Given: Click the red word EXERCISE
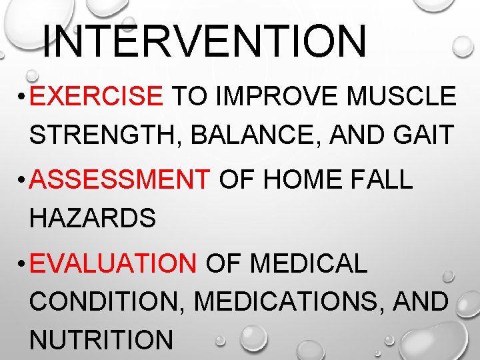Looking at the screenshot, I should (x=97, y=97).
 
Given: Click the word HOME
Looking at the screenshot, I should (x=293, y=180).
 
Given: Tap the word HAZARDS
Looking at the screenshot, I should (x=93, y=218).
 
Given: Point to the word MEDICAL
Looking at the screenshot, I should (x=308, y=264).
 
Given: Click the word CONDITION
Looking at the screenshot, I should (x=107, y=302).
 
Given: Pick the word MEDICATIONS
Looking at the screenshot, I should (x=287, y=302).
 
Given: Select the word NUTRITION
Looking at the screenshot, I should (x=101, y=340).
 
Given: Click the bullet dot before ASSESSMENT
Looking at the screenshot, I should (x=21, y=181).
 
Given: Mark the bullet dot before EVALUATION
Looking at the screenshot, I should (x=21, y=265).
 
